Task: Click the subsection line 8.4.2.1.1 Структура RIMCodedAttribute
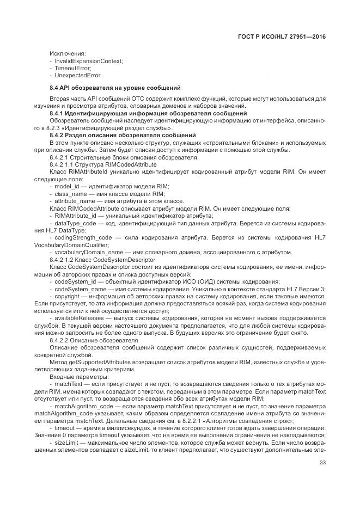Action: (103, 164)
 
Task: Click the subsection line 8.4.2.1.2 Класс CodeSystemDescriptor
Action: (107, 260)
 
